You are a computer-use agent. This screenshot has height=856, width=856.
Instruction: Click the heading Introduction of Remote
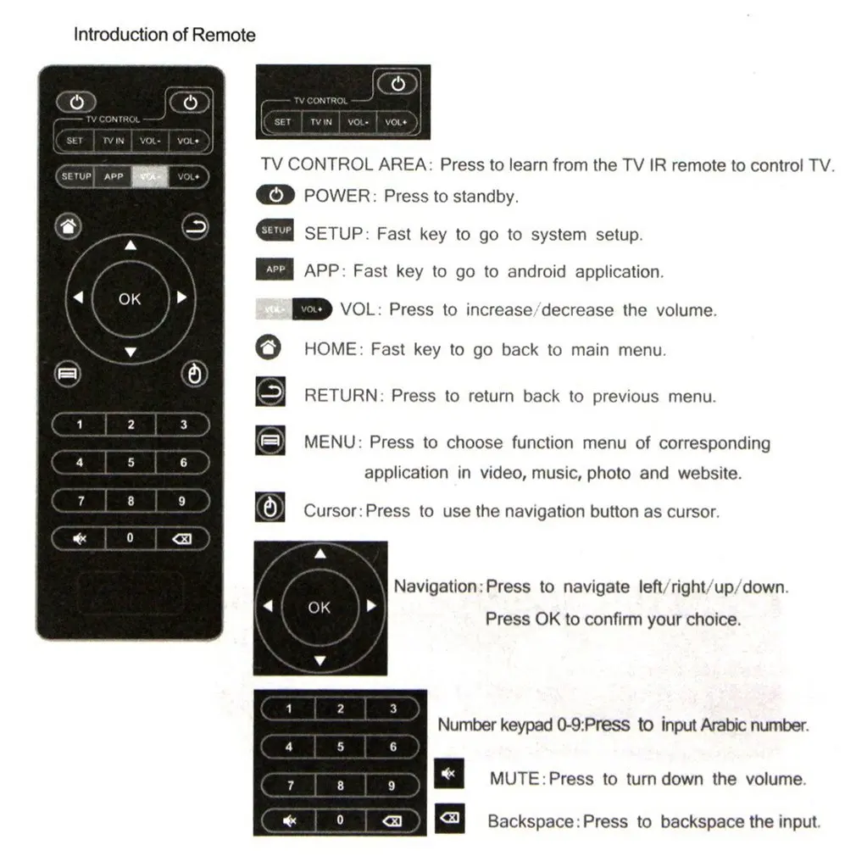pos(164,35)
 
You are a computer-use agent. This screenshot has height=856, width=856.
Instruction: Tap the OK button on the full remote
pos(130,298)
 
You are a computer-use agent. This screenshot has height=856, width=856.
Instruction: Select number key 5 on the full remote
pos(131,463)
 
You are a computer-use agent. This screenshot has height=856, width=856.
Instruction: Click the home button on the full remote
pos(69,226)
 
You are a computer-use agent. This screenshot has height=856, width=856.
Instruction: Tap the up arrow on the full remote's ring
pos(130,247)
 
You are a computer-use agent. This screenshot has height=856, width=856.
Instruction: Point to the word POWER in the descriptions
pos(337,196)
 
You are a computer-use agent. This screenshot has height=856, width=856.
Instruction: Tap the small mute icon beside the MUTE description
pos(448,775)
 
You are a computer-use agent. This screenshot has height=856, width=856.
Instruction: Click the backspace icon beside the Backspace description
pos(449,818)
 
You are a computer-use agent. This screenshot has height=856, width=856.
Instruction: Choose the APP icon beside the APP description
pos(275,270)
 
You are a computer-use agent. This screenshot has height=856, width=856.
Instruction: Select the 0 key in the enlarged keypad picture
pos(340,820)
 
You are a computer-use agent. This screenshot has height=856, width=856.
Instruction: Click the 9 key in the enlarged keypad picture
pos(392,786)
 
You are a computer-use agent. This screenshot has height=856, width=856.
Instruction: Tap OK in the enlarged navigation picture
pos(320,607)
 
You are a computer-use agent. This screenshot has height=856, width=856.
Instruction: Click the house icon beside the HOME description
pos(269,347)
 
